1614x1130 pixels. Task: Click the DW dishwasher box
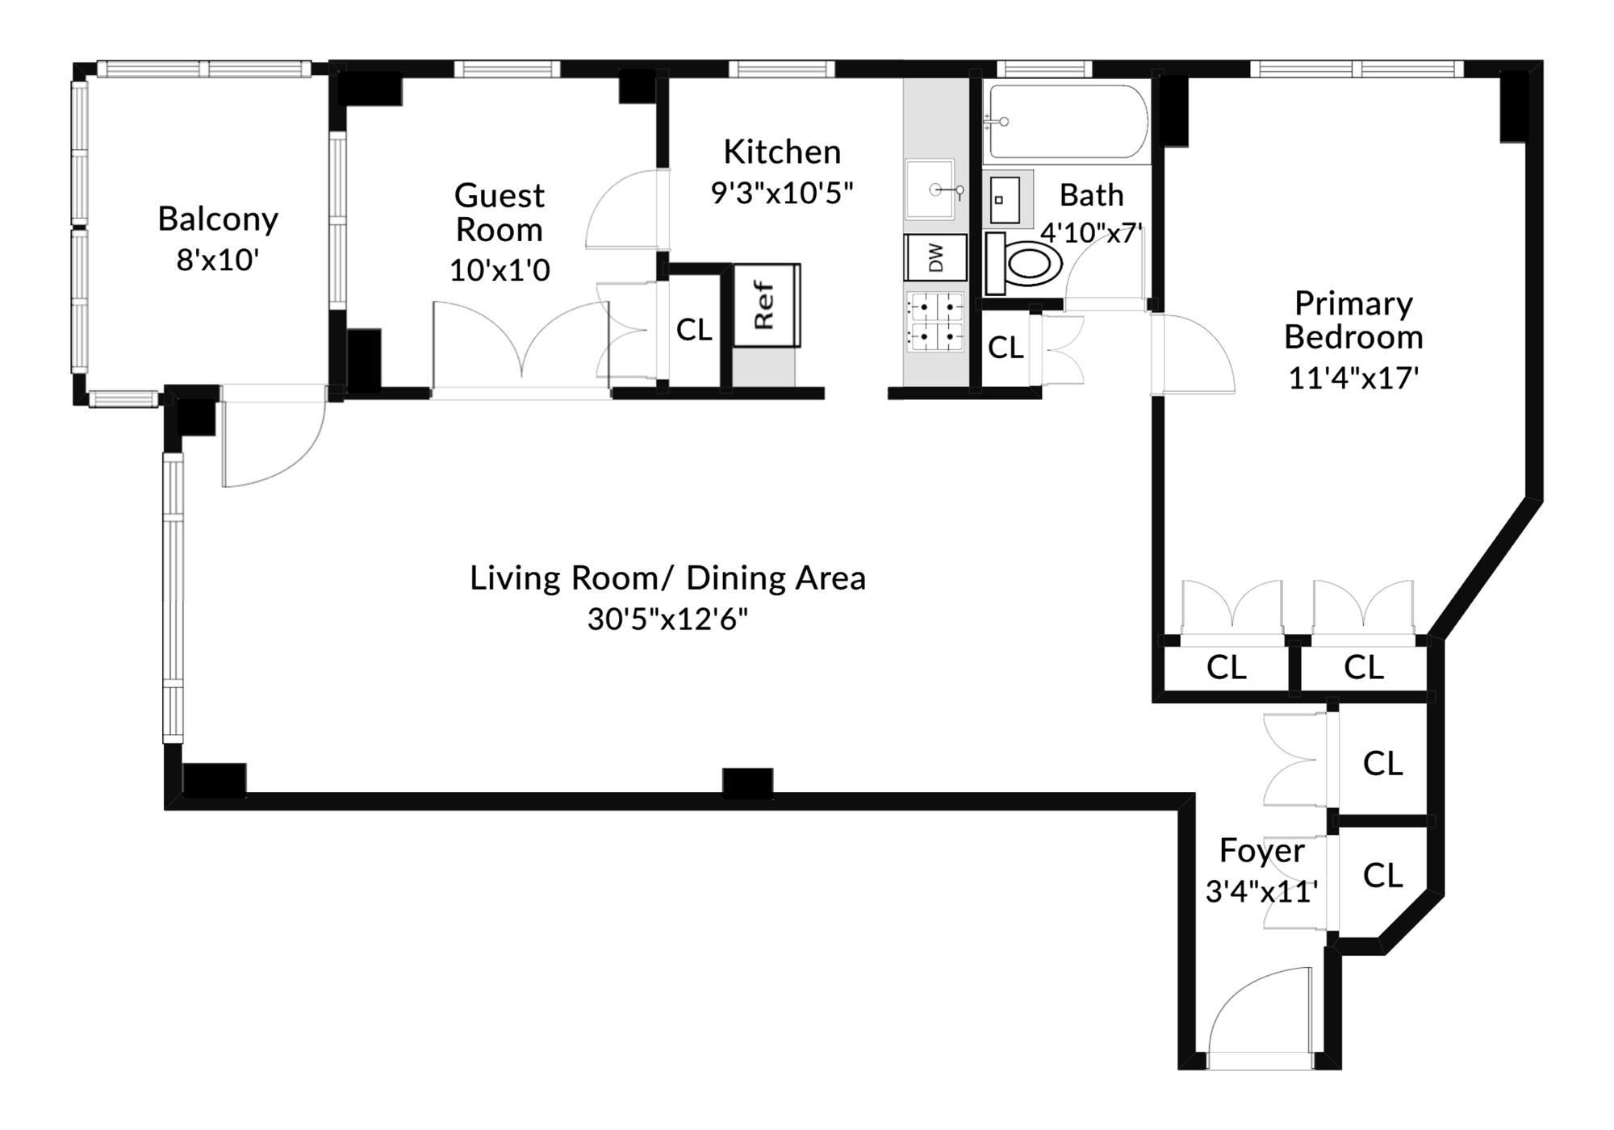coord(935,257)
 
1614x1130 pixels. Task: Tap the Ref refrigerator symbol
coord(766,305)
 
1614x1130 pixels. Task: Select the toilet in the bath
coord(1023,264)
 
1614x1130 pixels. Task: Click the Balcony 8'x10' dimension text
coord(217,261)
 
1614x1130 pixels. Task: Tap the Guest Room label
coord(499,212)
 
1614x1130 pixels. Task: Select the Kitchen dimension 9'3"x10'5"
coord(781,193)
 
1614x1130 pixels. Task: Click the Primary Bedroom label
coord(1353,320)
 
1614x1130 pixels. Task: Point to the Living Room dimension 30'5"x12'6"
coord(667,619)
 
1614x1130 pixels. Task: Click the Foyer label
coord(1261,851)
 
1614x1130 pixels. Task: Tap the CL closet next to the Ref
coord(693,329)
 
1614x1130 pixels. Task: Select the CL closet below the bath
coord(1005,348)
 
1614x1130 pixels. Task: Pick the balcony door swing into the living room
coord(270,444)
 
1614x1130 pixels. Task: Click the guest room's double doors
coord(521,347)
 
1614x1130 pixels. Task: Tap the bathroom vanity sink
coord(1005,199)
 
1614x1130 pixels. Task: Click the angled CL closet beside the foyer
coord(1382,875)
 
